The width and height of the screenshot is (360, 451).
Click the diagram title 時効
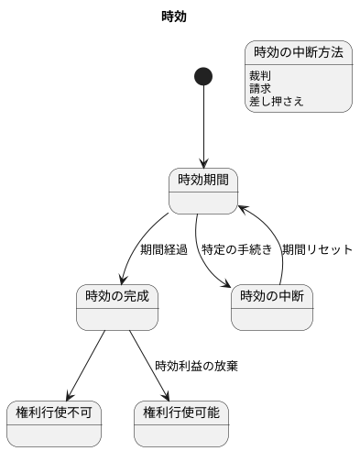pos(173,16)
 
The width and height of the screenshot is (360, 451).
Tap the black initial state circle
pos(203,76)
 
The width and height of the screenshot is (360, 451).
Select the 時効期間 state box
pos(203,191)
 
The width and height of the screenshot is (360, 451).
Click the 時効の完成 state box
pos(116,307)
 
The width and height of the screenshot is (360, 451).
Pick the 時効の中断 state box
pos(271,307)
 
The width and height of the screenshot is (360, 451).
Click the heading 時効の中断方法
pos(299,52)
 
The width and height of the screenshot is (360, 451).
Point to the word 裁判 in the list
pos(261,76)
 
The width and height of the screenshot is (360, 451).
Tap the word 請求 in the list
pos(261,89)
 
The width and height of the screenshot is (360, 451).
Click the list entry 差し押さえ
pos(276,102)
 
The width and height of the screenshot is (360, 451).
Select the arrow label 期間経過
pos(163,249)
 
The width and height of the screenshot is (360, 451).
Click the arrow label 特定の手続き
pos(237,249)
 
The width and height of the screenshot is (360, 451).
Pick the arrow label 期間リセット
pos(317,249)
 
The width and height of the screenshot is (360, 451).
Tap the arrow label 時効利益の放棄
pos(196,366)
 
